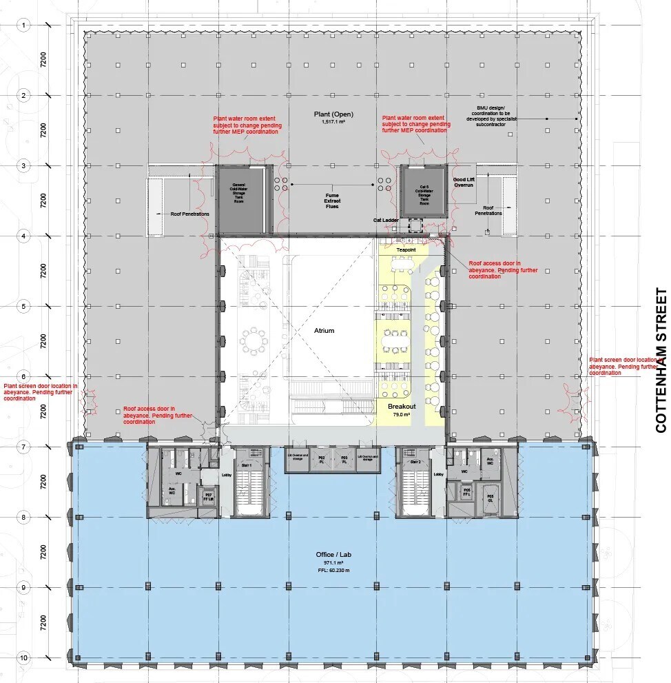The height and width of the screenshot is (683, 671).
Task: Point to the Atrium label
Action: click(324, 331)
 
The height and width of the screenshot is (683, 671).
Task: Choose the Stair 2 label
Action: click(415, 462)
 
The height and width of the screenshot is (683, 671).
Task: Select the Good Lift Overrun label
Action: click(464, 183)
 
